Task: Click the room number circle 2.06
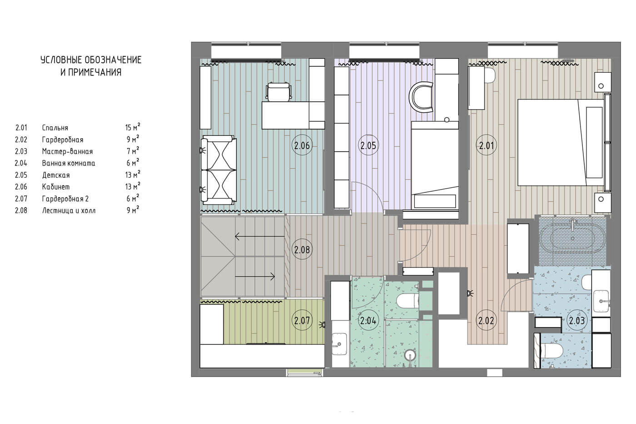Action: click(x=302, y=145)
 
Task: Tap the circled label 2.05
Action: click(x=368, y=145)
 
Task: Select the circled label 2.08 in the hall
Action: click(x=302, y=249)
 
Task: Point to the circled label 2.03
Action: click(x=576, y=321)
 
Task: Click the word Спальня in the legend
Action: click(x=55, y=128)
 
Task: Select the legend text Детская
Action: click(x=56, y=175)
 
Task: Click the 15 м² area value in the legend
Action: click(x=133, y=127)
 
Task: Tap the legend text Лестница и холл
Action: click(x=69, y=210)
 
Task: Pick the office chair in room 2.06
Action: click(x=279, y=91)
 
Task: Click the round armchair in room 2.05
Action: click(x=421, y=97)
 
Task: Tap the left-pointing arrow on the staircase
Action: click(x=260, y=236)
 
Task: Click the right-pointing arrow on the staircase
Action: click(x=255, y=276)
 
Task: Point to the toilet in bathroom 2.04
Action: click(x=407, y=301)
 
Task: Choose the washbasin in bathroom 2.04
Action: click(x=339, y=344)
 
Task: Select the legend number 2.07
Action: click(x=21, y=199)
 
